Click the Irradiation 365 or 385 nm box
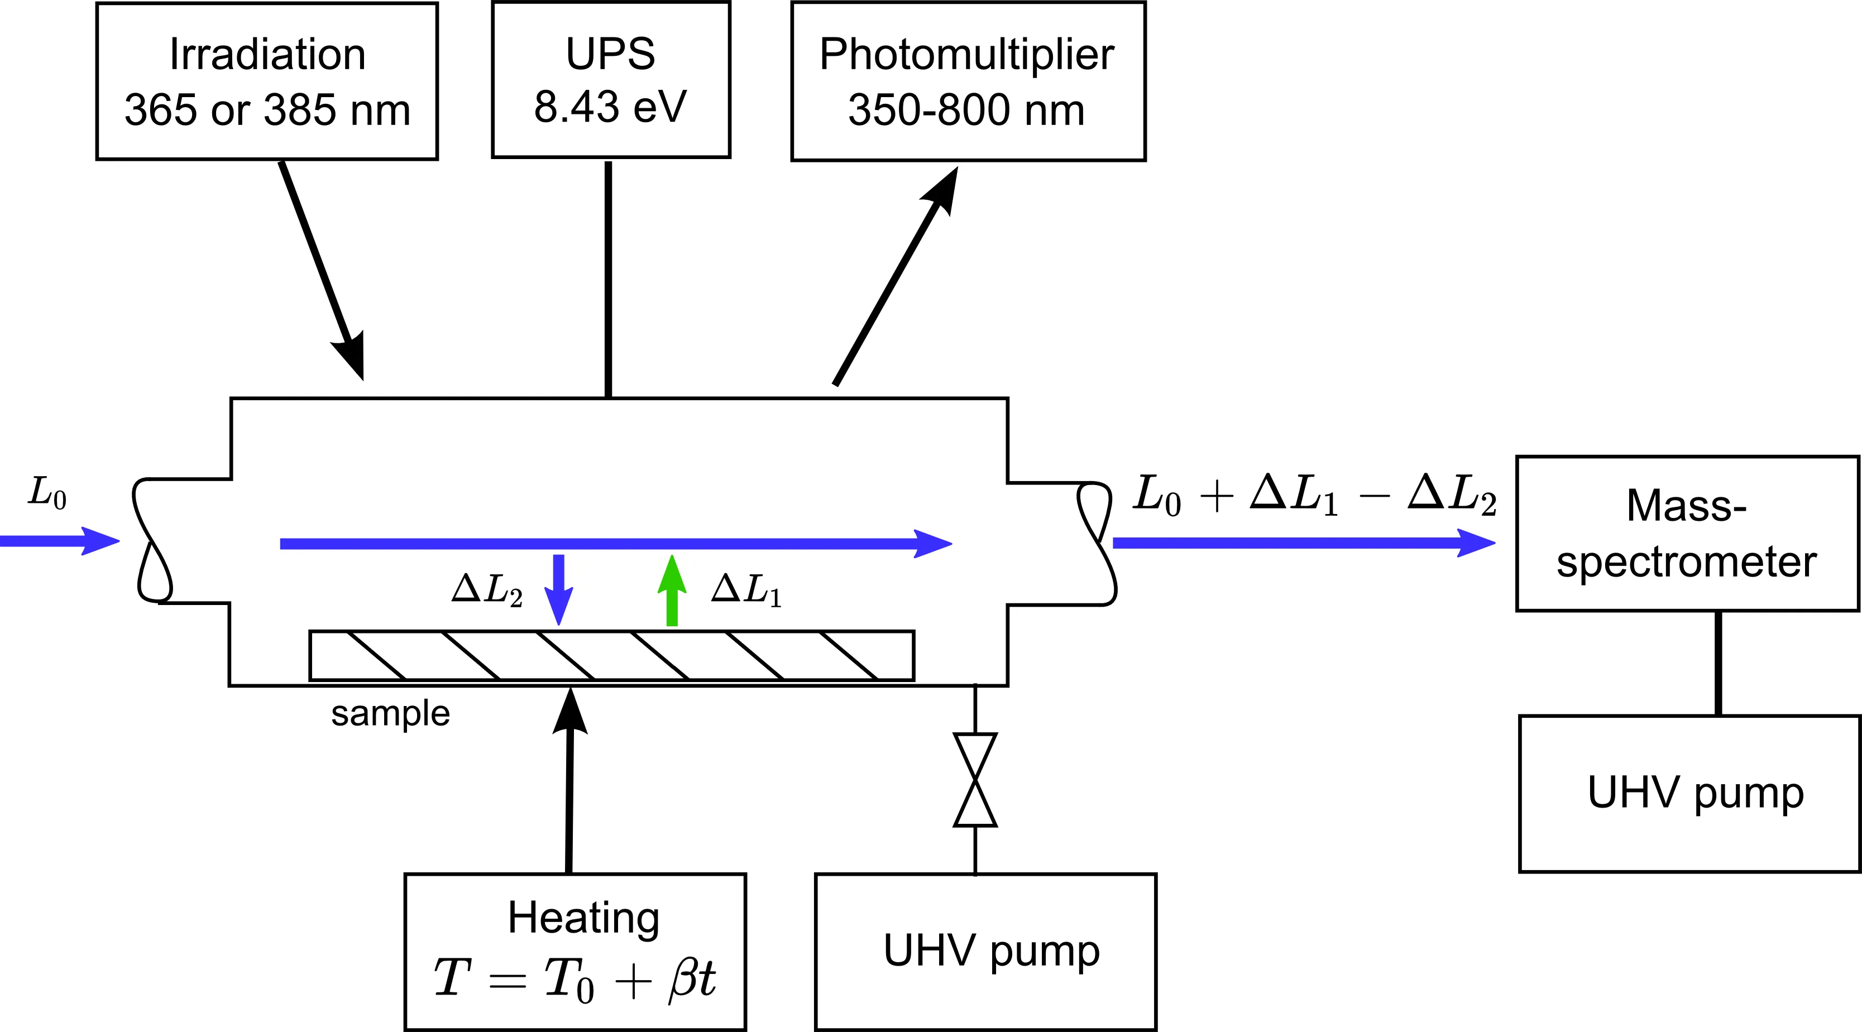pos(267,81)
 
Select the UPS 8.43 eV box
pos(611,79)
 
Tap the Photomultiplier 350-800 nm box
pos(968,81)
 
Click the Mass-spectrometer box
pos(1686,534)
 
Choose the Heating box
pos(575,951)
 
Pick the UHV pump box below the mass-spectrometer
pos(1689,794)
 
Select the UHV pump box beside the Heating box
pos(985,951)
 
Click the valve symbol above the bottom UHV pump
pos(975,780)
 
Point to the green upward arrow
pos(672,591)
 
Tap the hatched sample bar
pos(611,655)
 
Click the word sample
pos(390,714)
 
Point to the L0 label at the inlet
pos(47,493)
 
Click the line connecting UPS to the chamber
pos(609,279)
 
